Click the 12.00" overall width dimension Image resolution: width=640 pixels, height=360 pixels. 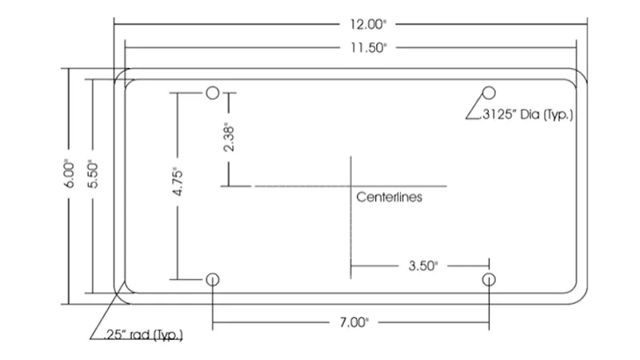click(x=367, y=25)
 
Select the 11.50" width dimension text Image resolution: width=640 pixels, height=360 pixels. click(x=368, y=48)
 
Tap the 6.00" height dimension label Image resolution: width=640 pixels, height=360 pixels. click(x=70, y=174)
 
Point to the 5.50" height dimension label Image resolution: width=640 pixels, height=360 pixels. click(x=93, y=174)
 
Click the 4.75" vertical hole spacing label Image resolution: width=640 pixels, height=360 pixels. click(x=178, y=182)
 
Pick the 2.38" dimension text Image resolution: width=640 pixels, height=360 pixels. click(x=229, y=138)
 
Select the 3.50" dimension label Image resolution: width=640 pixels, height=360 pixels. click(x=423, y=266)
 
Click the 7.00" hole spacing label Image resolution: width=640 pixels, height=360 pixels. click(x=354, y=322)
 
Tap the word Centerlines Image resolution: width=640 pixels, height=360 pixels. click(x=389, y=197)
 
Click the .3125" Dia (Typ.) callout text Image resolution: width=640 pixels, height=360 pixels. click(x=527, y=114)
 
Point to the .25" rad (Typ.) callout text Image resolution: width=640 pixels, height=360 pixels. click(x=143, y=335)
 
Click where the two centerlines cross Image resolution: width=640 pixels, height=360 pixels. click(x=350, y=186)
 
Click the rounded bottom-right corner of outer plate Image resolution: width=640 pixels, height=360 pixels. click(x=582, y=299)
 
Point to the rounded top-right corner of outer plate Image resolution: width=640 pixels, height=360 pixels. click(x=582, y=74)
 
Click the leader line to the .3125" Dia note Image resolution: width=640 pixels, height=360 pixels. click(x=474, y=107)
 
